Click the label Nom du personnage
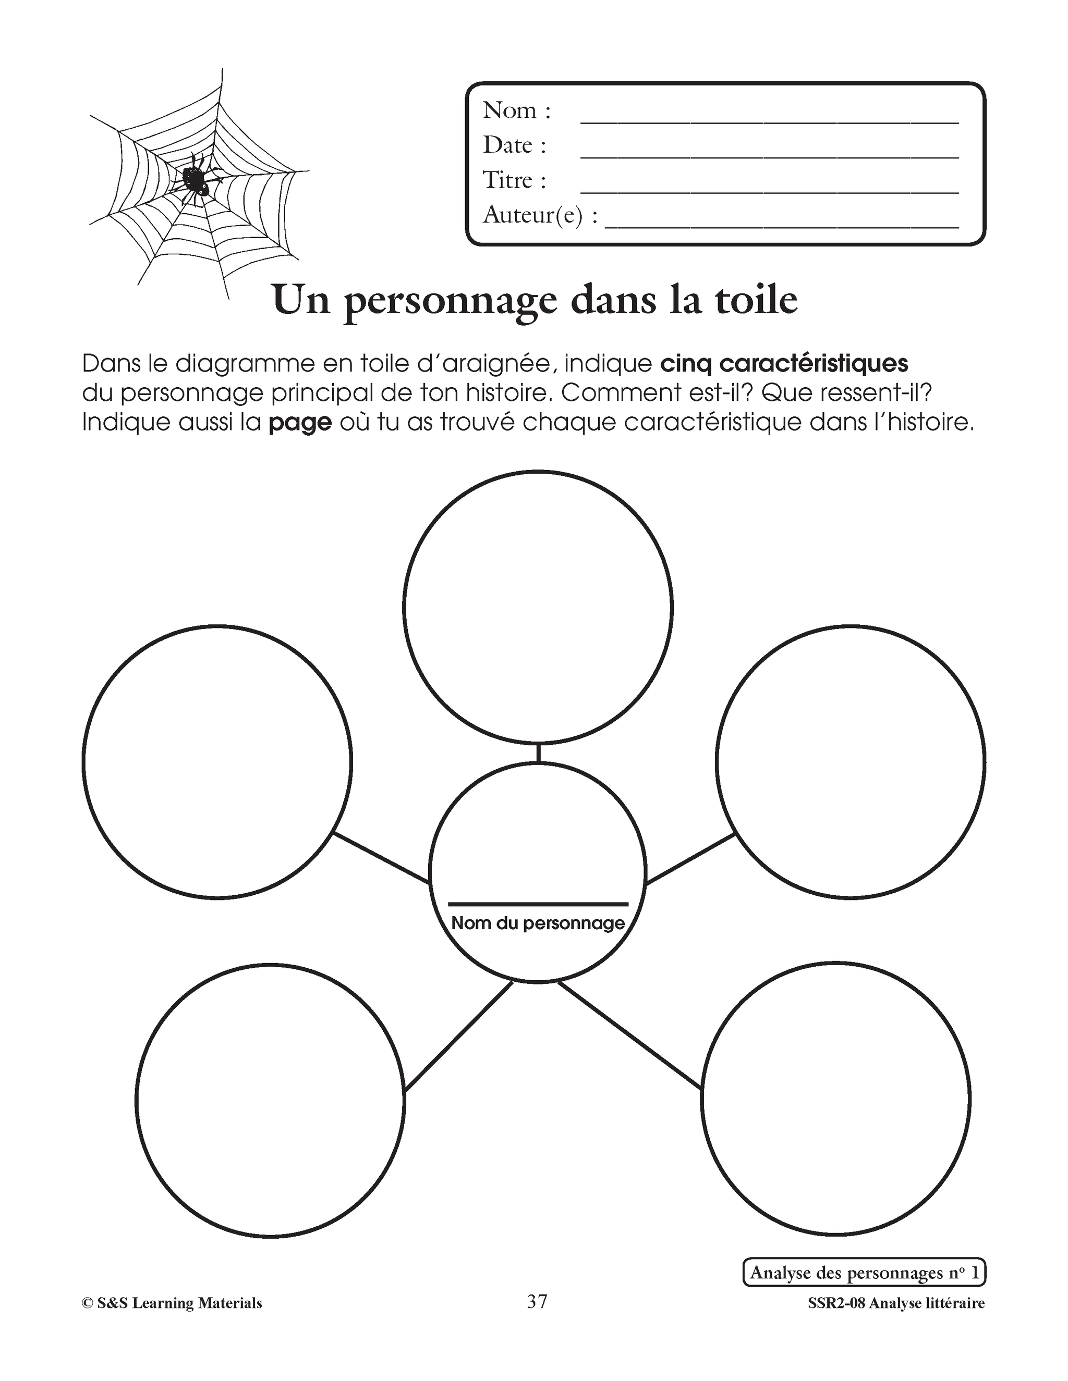[538, 923]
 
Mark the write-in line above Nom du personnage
[538, 904]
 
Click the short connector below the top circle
[537, 754]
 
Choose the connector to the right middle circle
[691, 858]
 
